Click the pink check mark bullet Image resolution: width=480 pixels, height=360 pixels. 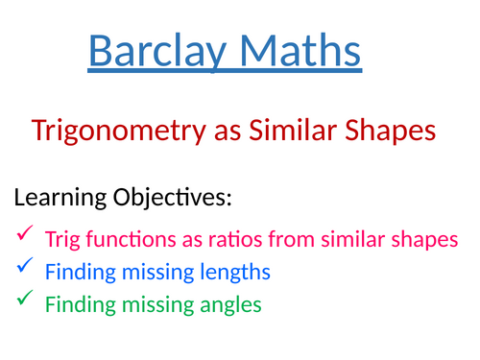tap(24, 232)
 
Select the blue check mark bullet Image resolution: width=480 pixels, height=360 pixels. tap(24, 265)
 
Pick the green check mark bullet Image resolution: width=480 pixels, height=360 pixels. tap(24, 300)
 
